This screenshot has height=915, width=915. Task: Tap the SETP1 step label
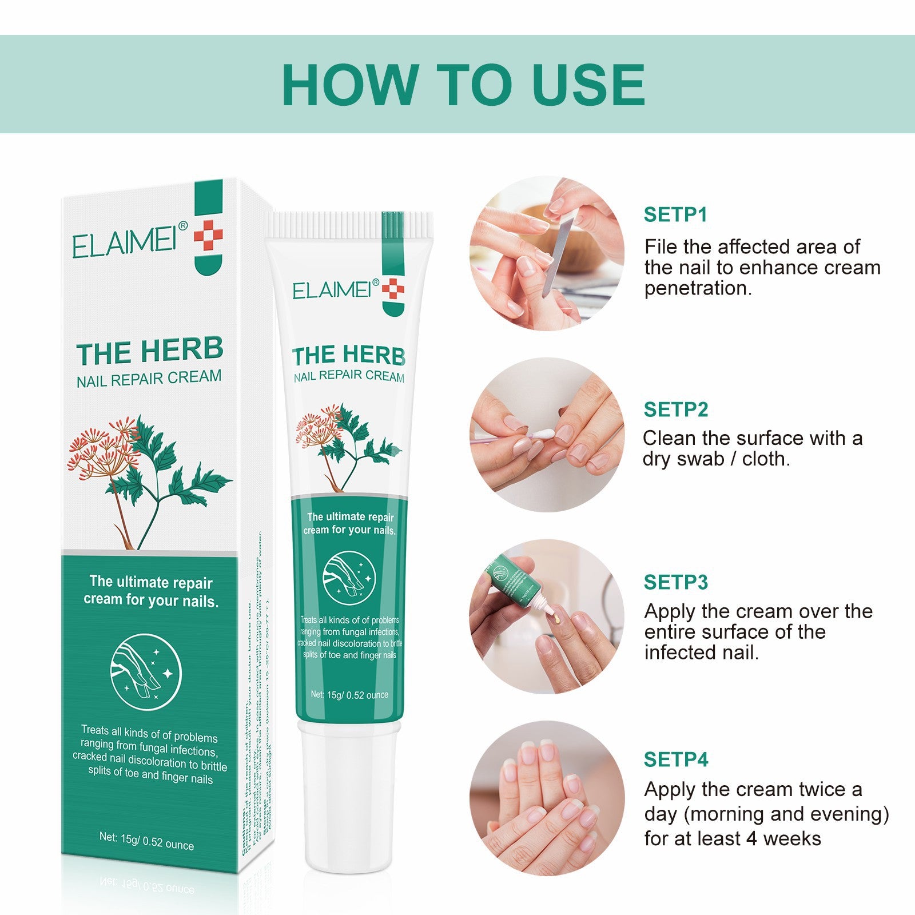coord(675,214)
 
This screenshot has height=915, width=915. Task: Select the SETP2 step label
coord(675,409)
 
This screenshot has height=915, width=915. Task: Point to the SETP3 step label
coord(675,582)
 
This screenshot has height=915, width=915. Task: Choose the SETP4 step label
coord(675,759)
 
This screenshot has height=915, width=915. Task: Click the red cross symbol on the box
coord(208,235)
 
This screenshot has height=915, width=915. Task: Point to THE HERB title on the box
coord(149,351)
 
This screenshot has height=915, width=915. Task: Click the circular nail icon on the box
coord(146,671)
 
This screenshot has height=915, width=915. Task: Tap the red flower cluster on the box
coord(103,449)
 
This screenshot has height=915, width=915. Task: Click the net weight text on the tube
coord(349,695)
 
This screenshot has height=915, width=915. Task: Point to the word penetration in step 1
coord(698,289)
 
